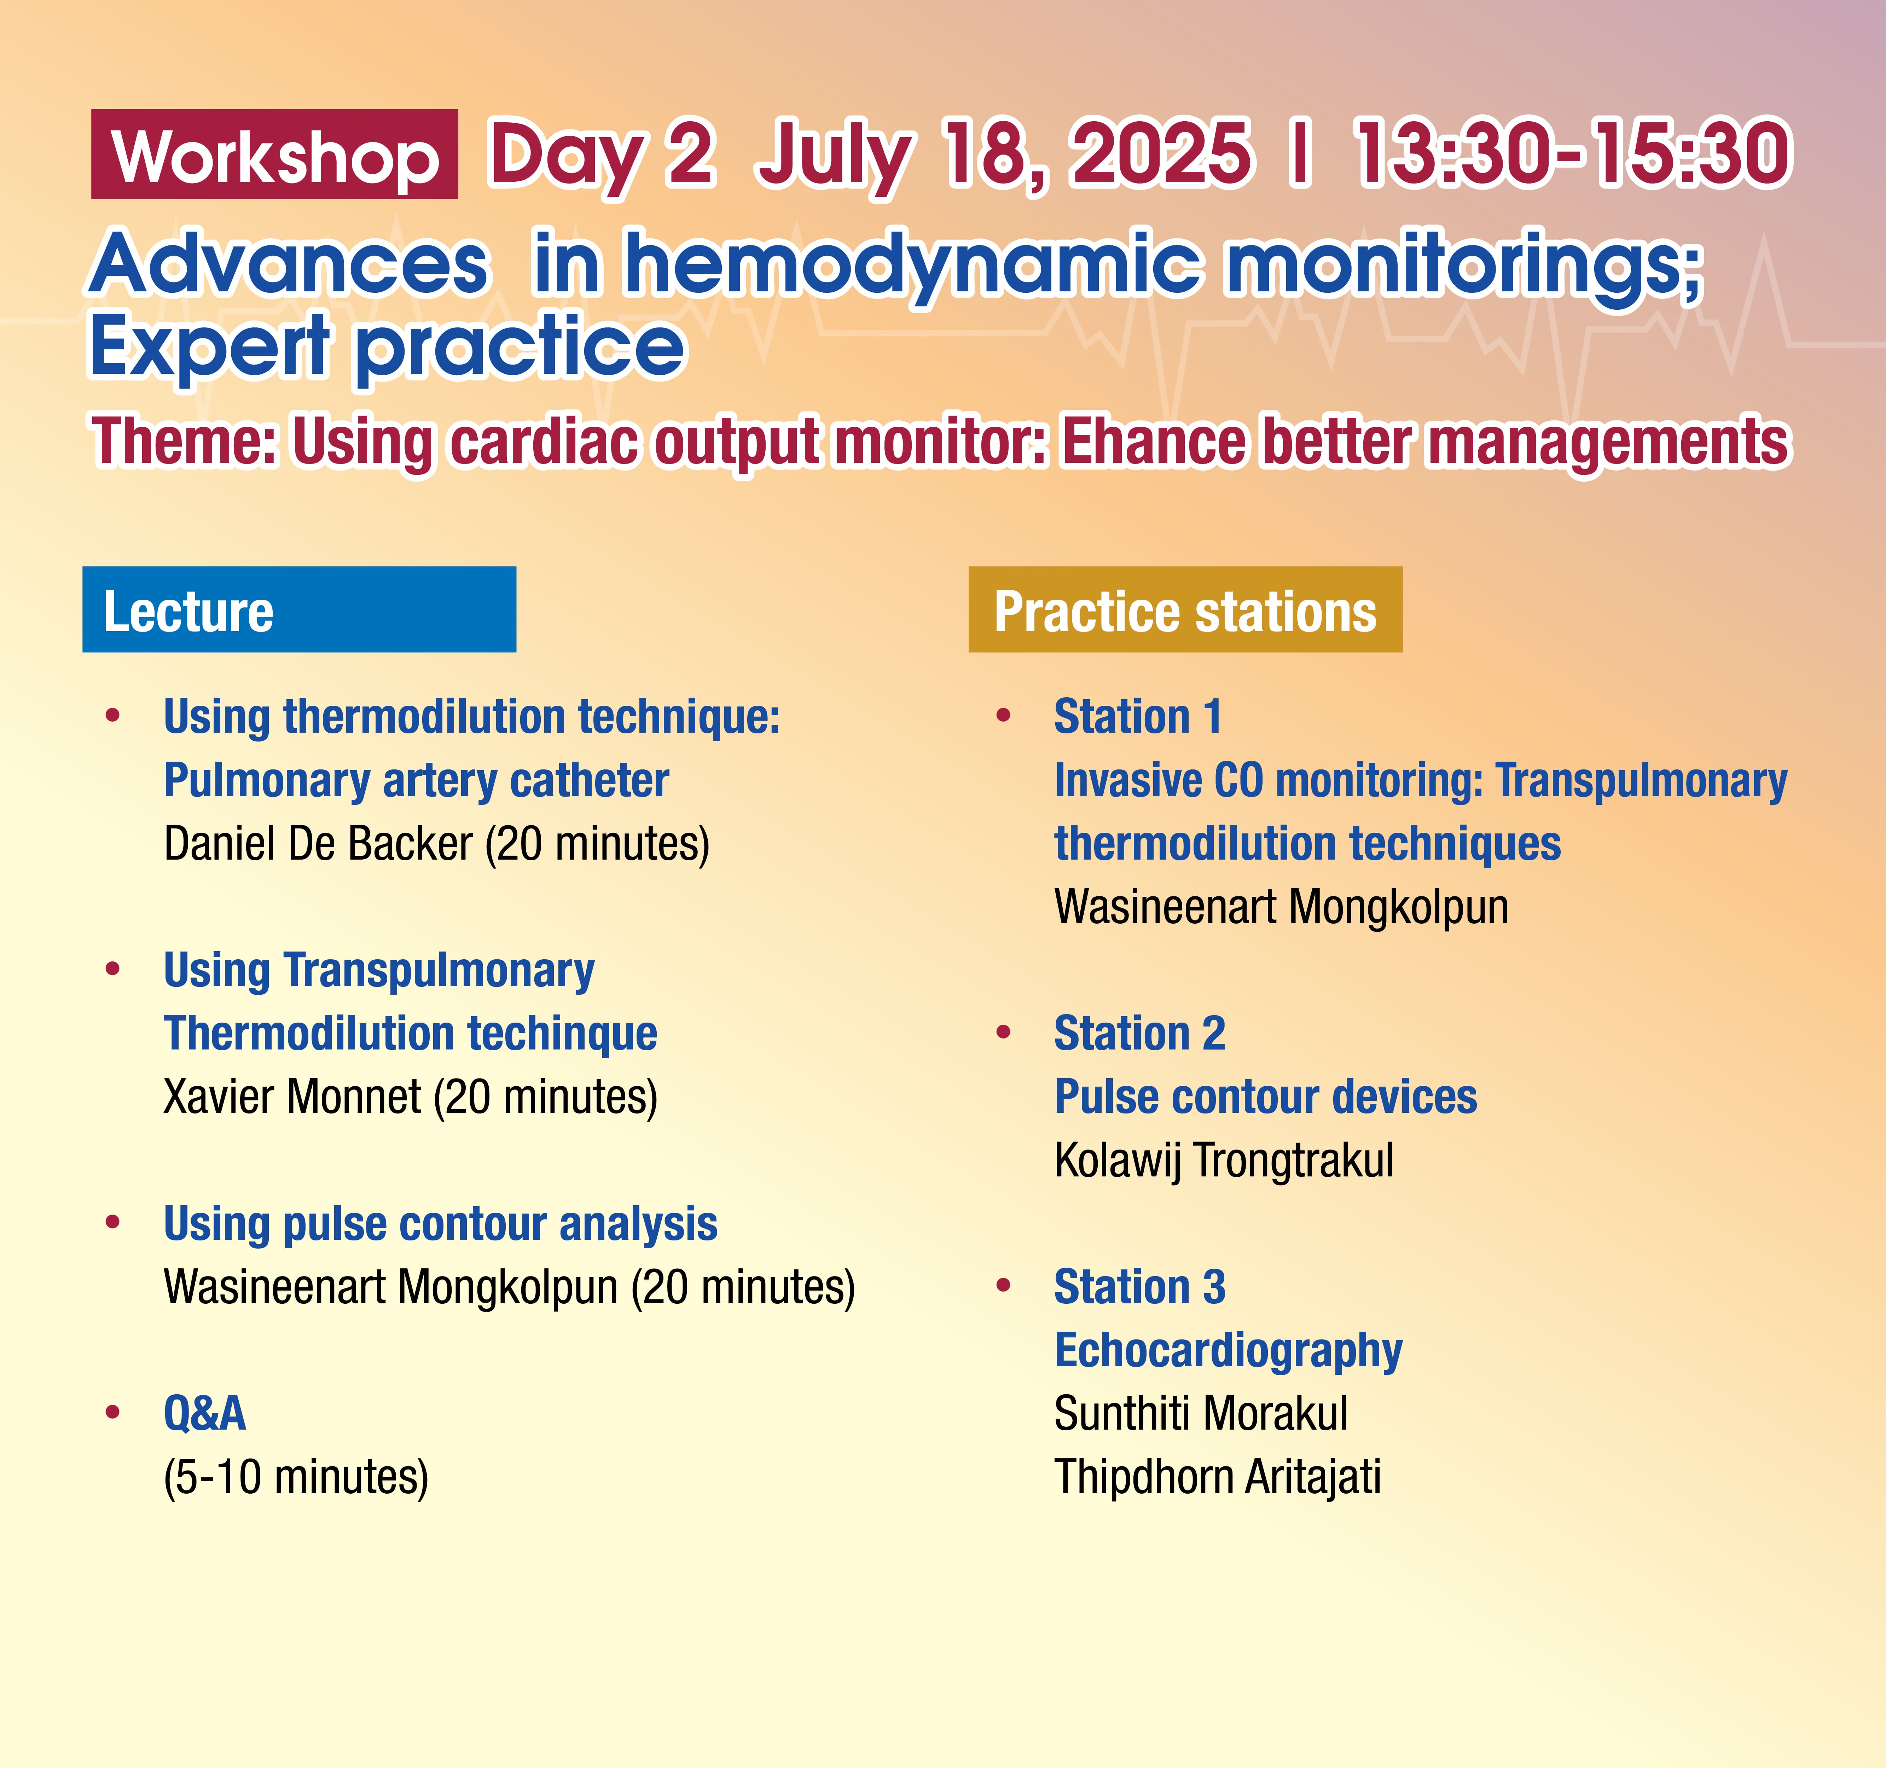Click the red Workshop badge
click(274, 154)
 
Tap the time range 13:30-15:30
click(1573, 154)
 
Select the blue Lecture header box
click(299, 609)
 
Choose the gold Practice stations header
click(1185, 609)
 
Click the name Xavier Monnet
click(292, 1097)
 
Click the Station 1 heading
click(1137, 716)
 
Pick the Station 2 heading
click(1139, 1033)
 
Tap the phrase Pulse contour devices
click(1266, 1097)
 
